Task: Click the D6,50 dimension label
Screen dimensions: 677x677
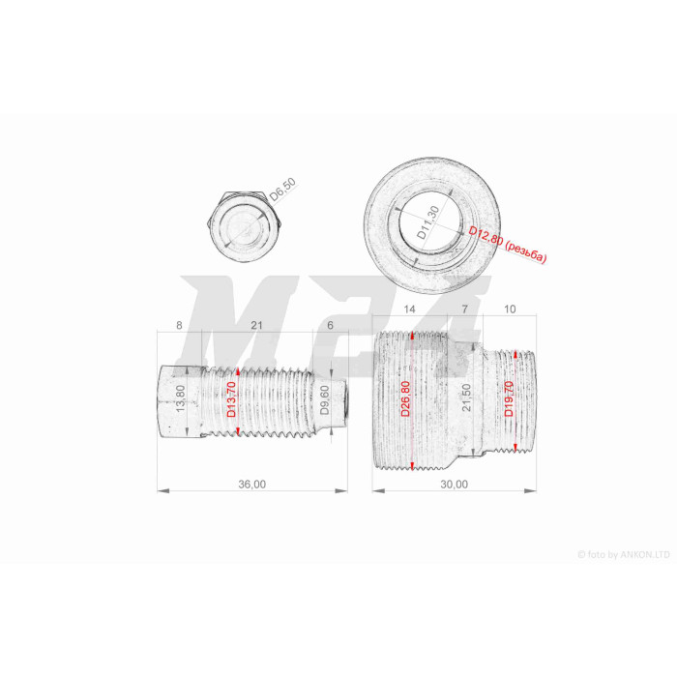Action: [283, 190]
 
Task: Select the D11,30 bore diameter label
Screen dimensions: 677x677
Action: [428, 222]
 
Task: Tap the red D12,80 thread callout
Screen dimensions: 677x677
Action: [508, 244]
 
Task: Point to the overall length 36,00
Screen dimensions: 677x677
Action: [252, 484]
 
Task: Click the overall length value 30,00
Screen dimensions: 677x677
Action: [454, 484]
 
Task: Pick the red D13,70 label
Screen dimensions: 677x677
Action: [232, 399]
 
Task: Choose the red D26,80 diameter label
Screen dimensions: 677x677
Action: [405, 398]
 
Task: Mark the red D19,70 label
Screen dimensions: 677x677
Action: [509, 398]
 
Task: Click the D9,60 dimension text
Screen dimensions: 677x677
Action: [325, 399]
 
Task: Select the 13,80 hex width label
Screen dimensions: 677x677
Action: [181, 398]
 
